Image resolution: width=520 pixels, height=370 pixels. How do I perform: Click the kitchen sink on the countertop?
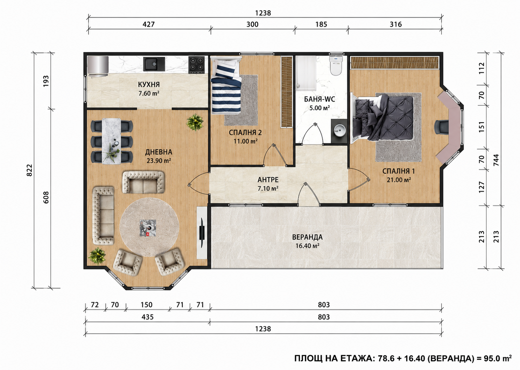click(154, 64)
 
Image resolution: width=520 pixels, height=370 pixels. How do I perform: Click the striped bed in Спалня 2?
click(226, 86)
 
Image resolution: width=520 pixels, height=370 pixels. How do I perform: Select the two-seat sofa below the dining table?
click(143, 182)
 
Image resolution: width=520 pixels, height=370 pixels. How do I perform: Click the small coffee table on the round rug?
click(148, 228)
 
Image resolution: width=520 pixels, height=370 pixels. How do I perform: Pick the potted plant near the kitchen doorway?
click(195, 122)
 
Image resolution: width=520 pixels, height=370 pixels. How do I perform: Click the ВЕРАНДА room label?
click(307, 237)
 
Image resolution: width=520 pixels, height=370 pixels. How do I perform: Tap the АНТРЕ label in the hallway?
click(268, 180)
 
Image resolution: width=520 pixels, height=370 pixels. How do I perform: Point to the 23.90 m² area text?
click(159, 161)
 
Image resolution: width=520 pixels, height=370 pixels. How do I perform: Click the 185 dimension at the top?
click(321, 24)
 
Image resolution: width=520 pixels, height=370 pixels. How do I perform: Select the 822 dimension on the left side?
click(29, 171)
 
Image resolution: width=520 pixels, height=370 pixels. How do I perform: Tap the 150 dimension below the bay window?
click(146, 305)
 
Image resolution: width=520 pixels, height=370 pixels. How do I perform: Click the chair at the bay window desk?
click(442, 127)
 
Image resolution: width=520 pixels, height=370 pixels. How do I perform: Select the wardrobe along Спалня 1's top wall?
click(395, 63)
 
